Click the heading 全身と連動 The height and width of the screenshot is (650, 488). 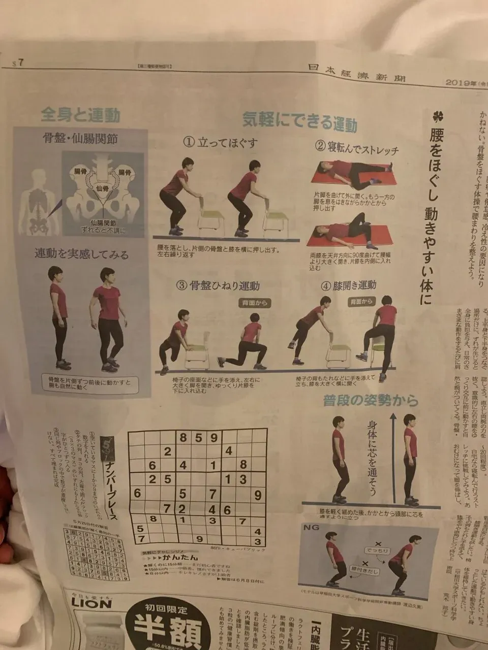(x=80, y=115)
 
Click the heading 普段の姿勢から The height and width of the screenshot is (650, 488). (x=371, y=401)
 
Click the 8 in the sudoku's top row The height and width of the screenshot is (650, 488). (x=183, y=437)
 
